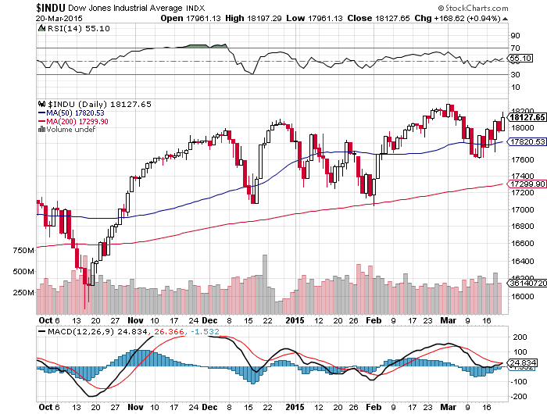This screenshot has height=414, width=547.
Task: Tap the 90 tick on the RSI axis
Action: (515, 36)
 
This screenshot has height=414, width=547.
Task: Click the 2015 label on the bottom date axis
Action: (294, 319)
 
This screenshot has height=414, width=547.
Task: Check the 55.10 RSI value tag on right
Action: (520, 58)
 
